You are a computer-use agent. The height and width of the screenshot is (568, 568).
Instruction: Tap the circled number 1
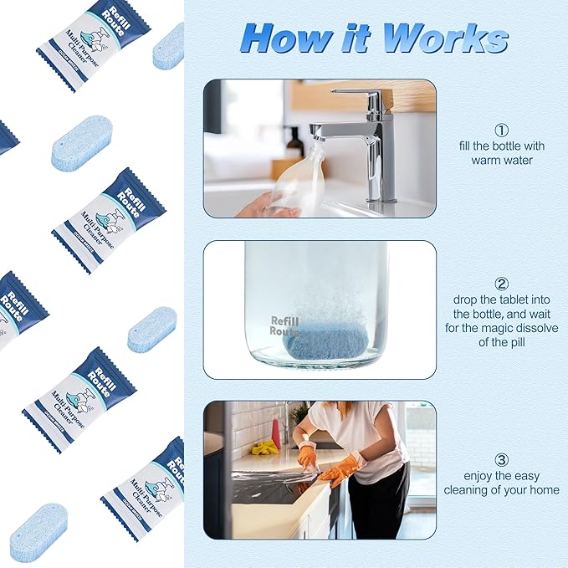point(501,130)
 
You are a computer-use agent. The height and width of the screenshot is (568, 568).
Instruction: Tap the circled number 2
point(501,284)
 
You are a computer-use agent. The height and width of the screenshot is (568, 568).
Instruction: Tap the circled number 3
point(501,459)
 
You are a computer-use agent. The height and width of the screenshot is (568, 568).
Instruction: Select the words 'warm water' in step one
point(501,160)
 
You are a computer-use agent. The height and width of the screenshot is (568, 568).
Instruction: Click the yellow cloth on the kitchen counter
point(265,448)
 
